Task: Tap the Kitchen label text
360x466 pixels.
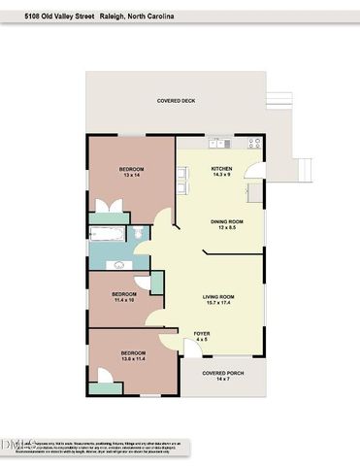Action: (222, 170)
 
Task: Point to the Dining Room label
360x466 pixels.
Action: (226, 221)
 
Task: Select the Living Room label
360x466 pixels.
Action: (220, 296)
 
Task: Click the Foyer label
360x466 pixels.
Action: (202, 333)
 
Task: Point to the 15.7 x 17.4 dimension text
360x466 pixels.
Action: (220, 303)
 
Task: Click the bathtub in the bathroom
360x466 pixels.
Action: (105, 234)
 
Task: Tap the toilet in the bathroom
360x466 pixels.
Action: (140, 233)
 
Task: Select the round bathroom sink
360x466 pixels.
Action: (120, 263)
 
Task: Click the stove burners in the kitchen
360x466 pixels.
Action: (254, 144)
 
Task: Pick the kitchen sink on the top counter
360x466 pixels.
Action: (221, 144)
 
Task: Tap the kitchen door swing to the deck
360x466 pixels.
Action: (251, 171)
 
